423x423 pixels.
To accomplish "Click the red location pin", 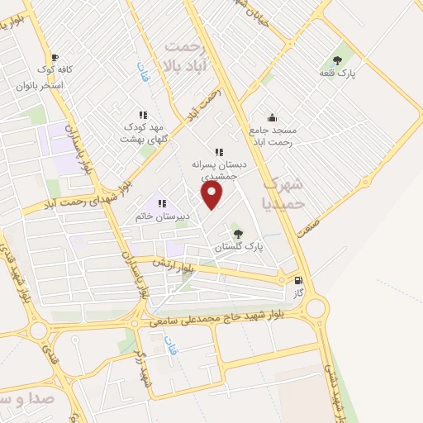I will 213,195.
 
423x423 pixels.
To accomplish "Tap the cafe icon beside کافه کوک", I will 55,58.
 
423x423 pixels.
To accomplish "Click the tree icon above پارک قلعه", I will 337,59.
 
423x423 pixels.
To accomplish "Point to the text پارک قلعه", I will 337,74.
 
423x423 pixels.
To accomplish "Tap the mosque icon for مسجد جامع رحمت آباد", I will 272,117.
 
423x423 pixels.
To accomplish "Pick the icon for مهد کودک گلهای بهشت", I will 143,115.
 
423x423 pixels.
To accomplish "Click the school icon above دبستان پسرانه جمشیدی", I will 219,151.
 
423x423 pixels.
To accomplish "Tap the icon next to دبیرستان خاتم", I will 163,203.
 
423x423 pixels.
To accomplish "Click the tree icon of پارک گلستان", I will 239,235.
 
